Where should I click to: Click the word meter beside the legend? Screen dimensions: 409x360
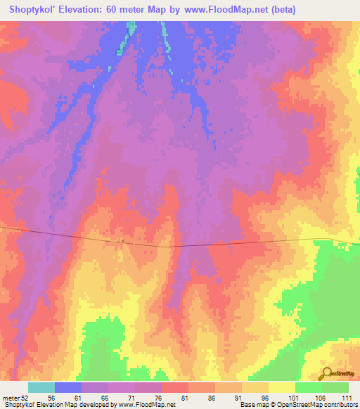click(x=11, y=397)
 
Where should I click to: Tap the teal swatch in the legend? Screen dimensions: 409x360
click(x=41, y=387)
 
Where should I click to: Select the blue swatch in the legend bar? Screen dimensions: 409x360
click(x=68, y=387)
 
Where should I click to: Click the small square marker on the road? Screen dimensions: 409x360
click(x=122, y=240)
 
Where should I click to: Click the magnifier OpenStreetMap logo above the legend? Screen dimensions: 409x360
click(x=328, y=373)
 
